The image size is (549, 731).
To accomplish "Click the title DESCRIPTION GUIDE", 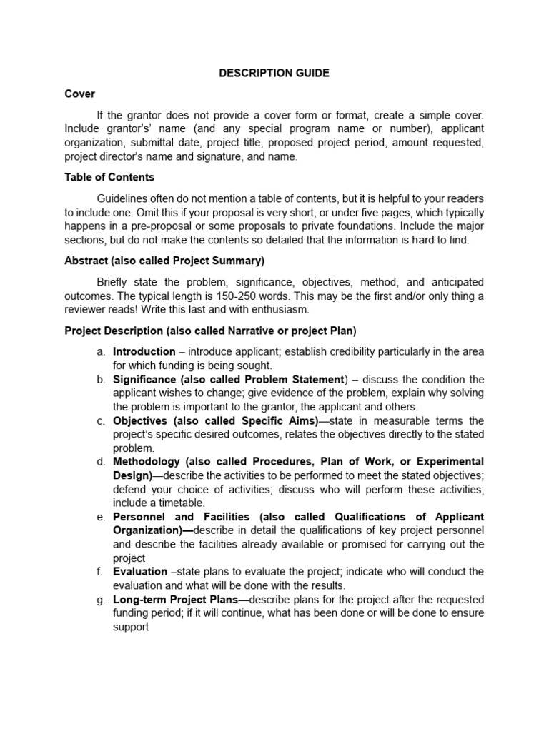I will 274,73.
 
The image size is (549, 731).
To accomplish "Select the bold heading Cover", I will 79,94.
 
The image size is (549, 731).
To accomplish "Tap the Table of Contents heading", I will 109,177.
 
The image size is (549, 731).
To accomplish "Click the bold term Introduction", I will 144,351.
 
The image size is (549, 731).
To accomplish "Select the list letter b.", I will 101,379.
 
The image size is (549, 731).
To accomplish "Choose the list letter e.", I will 101,517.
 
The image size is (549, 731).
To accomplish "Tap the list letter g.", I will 101,600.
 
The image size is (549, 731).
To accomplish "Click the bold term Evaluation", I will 139,572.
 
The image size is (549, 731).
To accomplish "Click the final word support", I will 131,627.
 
